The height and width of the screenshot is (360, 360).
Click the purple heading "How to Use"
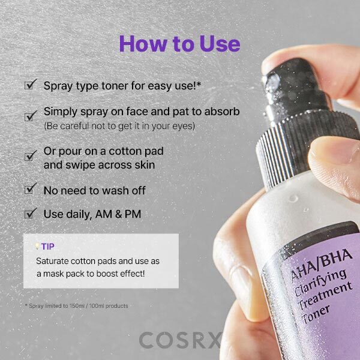click(x=179, y=44)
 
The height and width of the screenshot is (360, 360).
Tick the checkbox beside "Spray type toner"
click(x=29, y=85)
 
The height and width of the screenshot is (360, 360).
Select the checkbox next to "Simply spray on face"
click(x=29, y=117)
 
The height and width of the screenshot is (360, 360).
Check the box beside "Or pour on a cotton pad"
click(x=29, y=157)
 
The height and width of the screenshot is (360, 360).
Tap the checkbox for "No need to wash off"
click(x=29, y=190)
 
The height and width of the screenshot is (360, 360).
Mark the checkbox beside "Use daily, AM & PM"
click(x=29, y=214)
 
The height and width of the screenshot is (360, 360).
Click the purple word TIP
click(x=48, y=247)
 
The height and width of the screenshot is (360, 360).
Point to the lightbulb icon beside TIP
click(x=37, y=247)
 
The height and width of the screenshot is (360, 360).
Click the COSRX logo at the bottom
click(x=180, y=340)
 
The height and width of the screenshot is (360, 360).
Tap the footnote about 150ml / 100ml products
click(x=76, y=305)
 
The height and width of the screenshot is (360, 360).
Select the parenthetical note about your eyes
click(x=119, y=126)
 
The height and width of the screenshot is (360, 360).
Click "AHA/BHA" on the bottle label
click(x=321, y=265)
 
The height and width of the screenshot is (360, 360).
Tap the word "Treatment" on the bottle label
click(x=325, y=296)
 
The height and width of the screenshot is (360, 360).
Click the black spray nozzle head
click(x=296, y=87)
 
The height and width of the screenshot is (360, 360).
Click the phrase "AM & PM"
click(x=118, y=214)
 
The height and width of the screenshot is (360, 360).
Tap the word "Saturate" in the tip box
click(x=52, y=261)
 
